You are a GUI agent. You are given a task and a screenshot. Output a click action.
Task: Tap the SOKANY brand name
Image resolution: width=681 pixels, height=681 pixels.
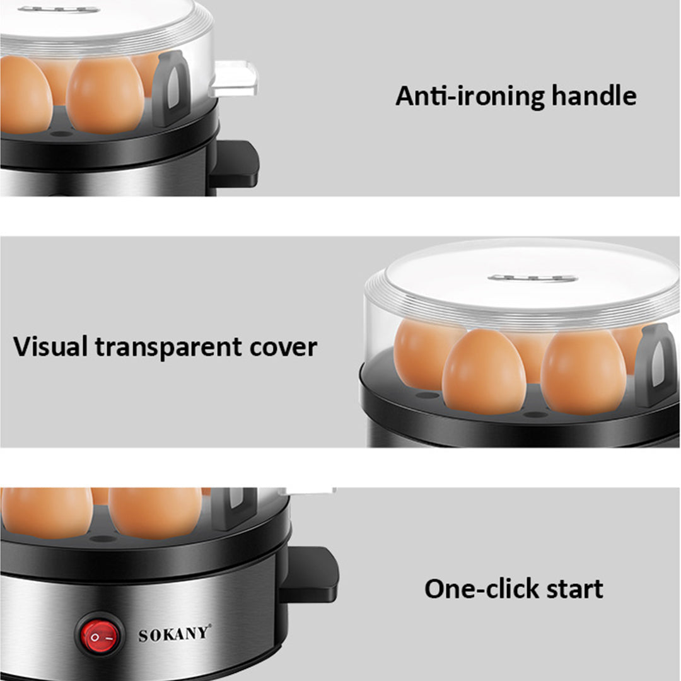[x=175, y=633]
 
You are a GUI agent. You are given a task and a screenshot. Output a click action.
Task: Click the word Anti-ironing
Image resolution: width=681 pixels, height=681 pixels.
[x=470, y=96]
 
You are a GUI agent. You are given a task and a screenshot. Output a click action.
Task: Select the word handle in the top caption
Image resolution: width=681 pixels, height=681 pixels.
[x=594, y=96]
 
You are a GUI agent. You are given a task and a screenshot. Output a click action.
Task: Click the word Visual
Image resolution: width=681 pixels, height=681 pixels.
[x=51, y=347]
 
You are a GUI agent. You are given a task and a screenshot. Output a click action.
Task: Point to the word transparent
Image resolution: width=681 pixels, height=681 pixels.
[x=168, y=347]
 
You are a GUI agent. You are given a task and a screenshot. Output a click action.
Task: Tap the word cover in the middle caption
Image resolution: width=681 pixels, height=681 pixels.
[x=282, y=347]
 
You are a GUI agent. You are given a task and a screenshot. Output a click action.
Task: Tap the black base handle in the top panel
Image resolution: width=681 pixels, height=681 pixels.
[x=234, y=163]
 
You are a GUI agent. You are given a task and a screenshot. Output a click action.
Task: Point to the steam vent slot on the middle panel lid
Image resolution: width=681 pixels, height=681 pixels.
[x=533, y=277]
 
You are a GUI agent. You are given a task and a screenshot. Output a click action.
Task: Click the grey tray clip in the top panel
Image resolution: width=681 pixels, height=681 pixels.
[x=171, y=88]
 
